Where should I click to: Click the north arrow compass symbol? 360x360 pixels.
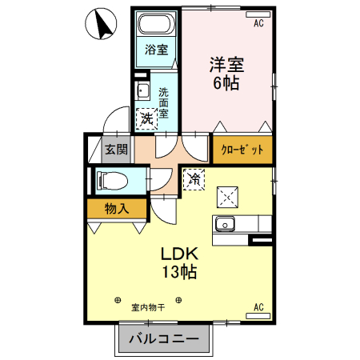tap(100, 26)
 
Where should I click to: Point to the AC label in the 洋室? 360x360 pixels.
tap(258, 24)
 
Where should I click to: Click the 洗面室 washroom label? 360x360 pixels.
tap(163, 102)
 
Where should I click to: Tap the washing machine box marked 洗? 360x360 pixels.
tap(146, 118)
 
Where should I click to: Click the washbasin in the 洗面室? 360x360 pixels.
tap(142, 89)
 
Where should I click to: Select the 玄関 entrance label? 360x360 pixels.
tap(115, 149)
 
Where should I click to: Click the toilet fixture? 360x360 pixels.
tap(112, 180)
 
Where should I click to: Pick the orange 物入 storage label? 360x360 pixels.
tap(117, 209)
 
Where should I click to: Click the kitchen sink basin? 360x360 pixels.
tap(225, 224)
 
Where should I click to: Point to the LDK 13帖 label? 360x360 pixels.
tap(182, 262)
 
